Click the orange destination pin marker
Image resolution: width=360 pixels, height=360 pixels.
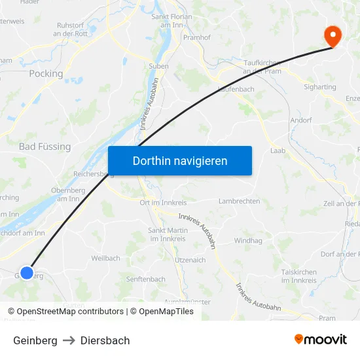pos(333,35)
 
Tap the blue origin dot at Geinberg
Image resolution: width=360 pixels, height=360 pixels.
pos(27,272)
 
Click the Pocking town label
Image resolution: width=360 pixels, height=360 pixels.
pos(46,74)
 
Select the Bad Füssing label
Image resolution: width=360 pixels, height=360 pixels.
pos(45,147)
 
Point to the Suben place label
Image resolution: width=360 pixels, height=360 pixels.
pos(158,66)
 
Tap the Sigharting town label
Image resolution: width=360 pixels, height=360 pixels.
pos(320,86)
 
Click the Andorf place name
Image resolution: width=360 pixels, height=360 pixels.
pos(301,120)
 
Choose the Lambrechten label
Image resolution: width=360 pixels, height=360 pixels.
pos(239,201)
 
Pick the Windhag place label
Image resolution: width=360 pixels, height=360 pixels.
pos(247,241)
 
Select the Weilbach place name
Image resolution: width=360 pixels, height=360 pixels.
pos(105,258)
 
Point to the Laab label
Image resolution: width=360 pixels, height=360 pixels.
pos(278,151)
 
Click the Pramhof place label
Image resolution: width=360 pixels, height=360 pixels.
pos(196,37)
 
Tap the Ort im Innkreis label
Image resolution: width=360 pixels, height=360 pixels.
pos(163,202)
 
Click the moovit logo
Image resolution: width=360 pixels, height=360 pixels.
pos(321,340)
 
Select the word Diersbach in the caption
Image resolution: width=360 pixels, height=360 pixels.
pos(105,340)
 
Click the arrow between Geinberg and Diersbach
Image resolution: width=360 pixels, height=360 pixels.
pos(69,340)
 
